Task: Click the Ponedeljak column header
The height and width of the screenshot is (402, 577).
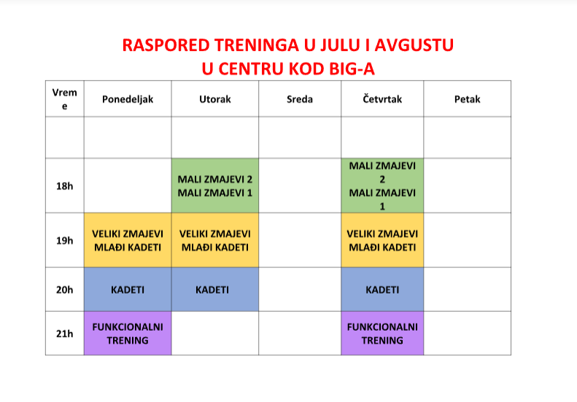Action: click(x=128, y=99)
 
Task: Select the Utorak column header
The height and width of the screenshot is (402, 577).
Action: click(x=215, y=99)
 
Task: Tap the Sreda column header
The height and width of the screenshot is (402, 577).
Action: click(x=300, y=99)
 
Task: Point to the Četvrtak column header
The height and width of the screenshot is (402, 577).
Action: click(x=382, y=99)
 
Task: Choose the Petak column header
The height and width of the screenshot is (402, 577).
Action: click(x=468, y=99)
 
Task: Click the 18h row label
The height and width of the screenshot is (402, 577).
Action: click(x=64, y=186)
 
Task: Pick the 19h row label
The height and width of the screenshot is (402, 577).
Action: click(x=64, y=240)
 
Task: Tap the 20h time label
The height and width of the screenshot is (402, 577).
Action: click(x=64, y=290)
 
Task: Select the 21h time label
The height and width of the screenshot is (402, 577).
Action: click(x=64, y=334)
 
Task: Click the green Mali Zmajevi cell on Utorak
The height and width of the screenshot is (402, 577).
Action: click(x=215, y=186)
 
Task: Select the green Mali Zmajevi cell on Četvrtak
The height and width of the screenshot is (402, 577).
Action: click(x=382, y=186)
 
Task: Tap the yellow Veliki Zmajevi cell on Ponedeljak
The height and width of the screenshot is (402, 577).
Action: click(x=128, y=240)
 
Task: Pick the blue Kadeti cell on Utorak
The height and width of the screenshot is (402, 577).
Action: click(x=215, y=290)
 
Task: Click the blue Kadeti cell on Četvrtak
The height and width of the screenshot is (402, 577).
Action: click(x=382, y=290)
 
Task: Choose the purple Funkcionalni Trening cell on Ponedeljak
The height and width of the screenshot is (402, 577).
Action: click(x=128, y=334)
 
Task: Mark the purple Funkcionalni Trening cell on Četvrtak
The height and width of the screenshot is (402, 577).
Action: click(x=382, y=334)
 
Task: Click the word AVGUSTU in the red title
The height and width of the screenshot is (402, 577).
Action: click(x=414, y=45)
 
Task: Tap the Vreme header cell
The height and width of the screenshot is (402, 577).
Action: click(x=64, y=99)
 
